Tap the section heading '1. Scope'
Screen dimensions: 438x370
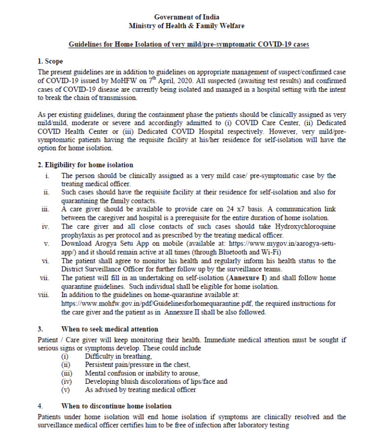50,62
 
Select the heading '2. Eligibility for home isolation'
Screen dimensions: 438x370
85,165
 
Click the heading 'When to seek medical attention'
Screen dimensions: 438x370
110,329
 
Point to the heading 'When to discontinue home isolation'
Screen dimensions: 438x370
116,406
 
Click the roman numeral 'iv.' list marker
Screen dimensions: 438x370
46,227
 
